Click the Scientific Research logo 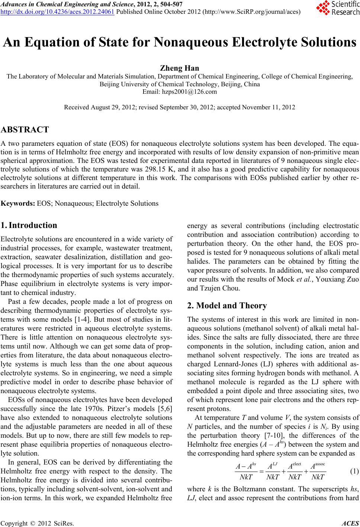[x=337, y=8]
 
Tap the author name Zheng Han [x=180, y=68]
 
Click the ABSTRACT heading [x=25, y=130]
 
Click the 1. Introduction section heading [x=29, y=225]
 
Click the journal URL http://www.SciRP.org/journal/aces [x=256, y=10]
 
